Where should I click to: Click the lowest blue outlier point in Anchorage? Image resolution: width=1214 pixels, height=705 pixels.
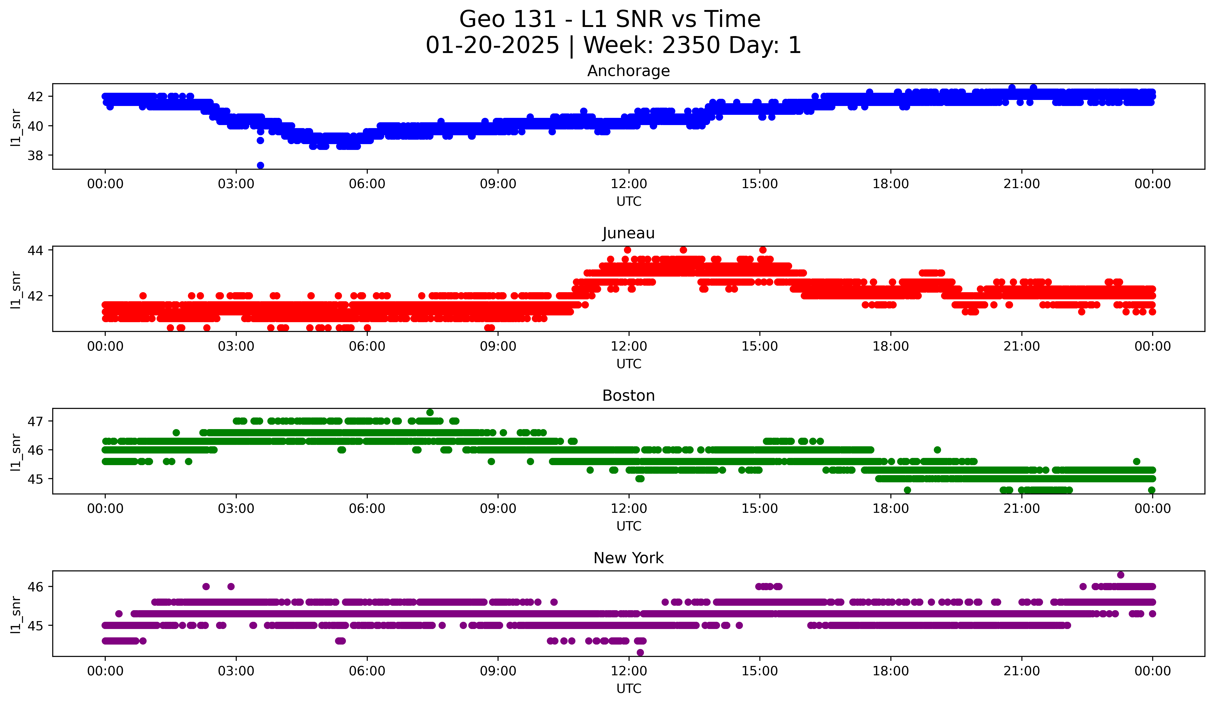tap(260, 165)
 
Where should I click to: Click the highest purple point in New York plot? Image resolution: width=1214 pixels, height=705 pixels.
tap(1121, 575)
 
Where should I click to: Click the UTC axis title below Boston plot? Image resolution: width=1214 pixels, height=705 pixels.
tap(629, 526)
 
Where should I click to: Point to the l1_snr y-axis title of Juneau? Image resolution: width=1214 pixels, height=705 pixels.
tap(16, 290)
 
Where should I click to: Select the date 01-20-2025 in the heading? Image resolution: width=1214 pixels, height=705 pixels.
tap(492, 45)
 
